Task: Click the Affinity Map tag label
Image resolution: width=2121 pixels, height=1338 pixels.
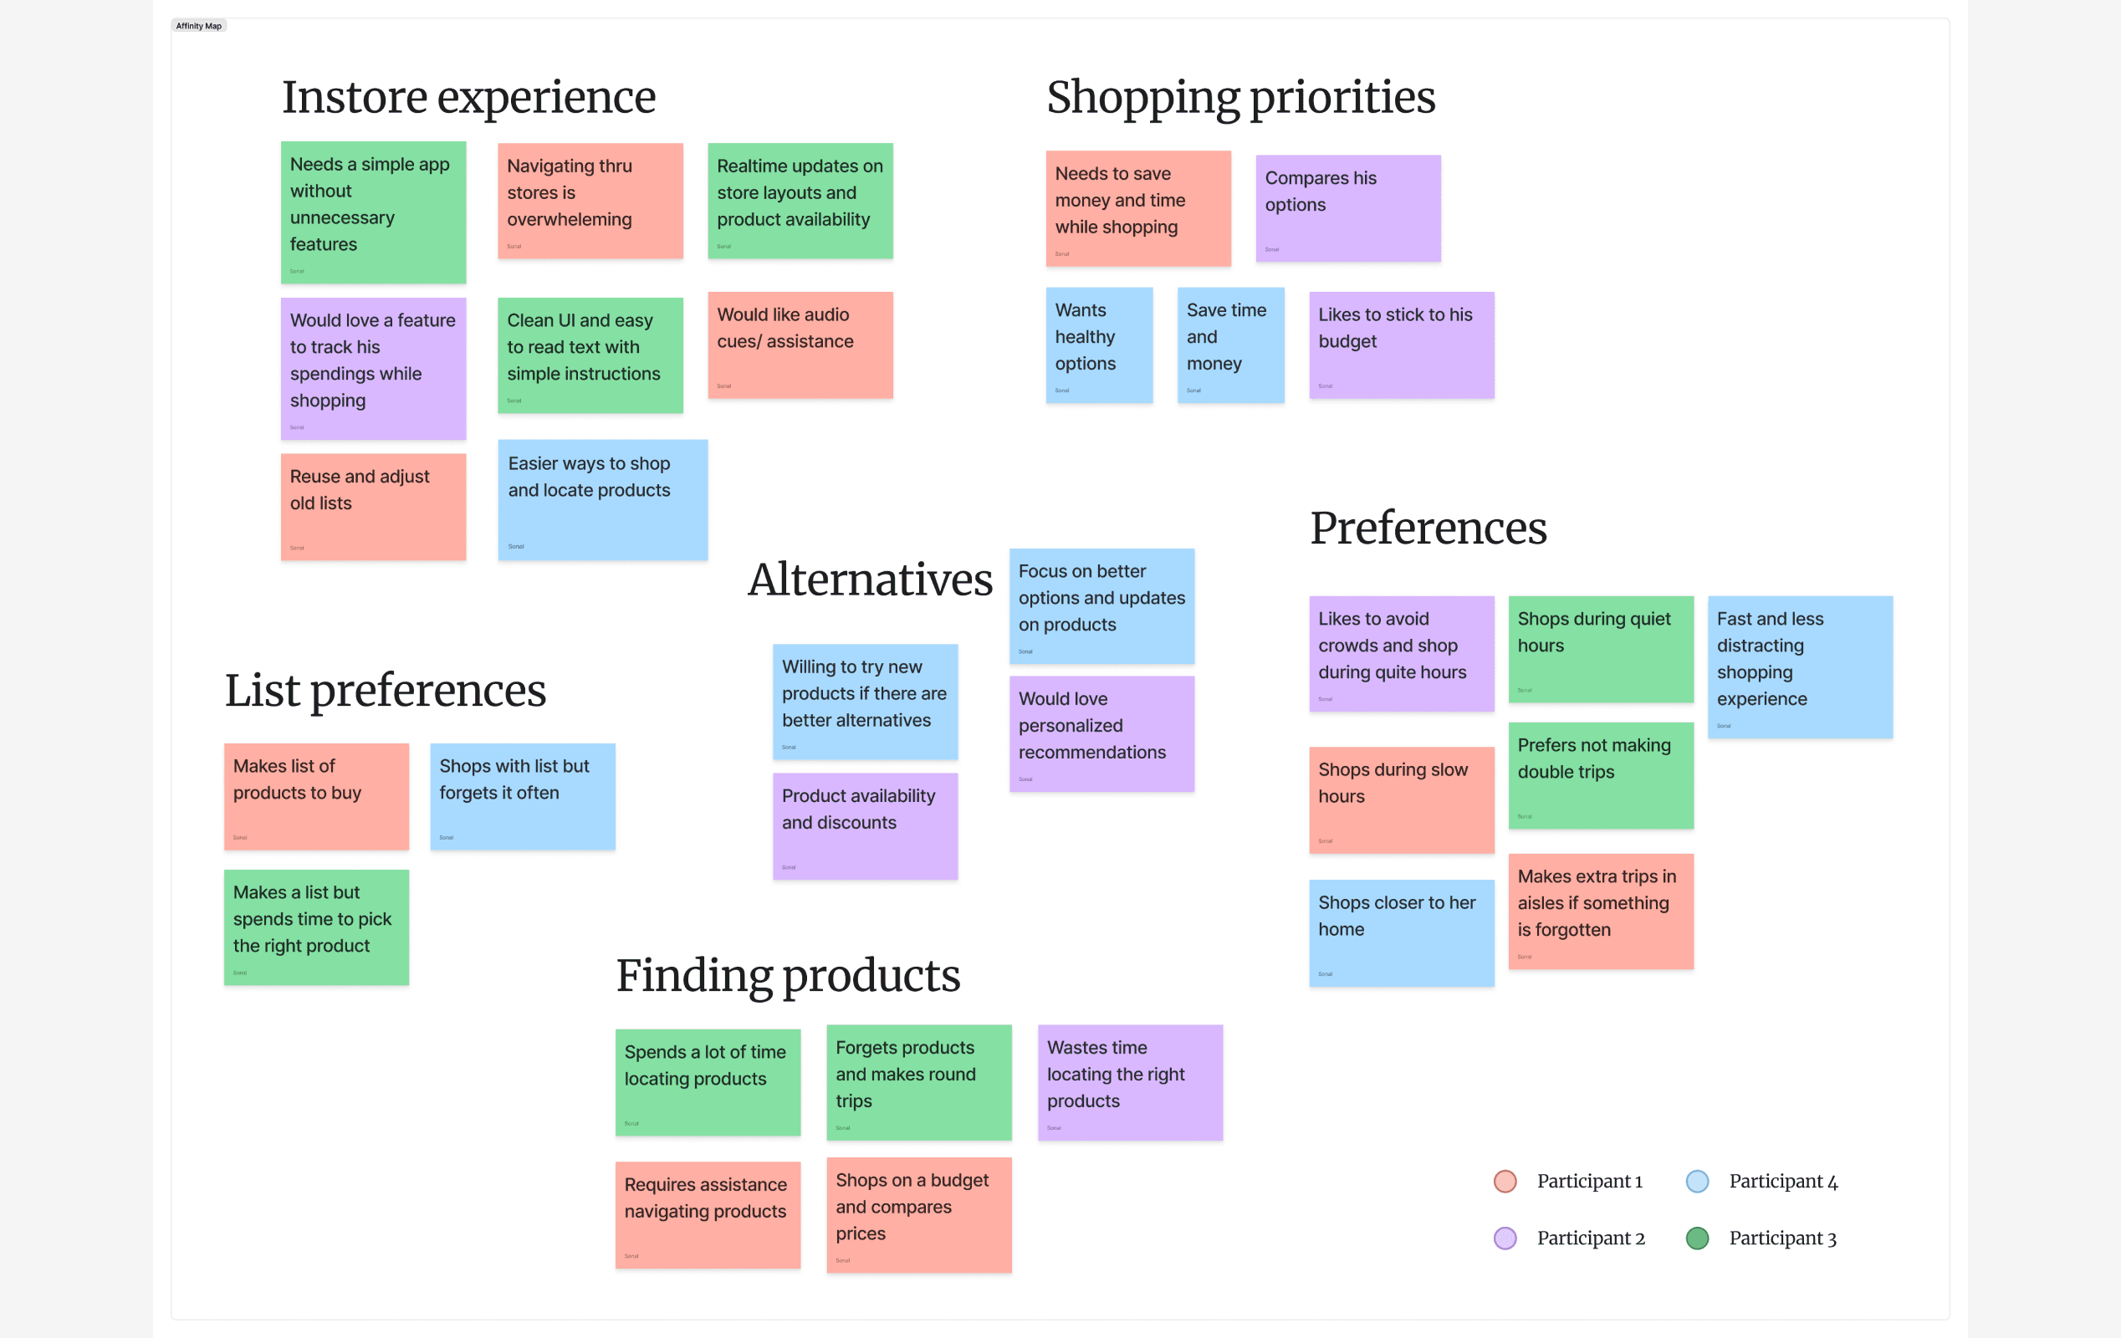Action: (x=198, y=26)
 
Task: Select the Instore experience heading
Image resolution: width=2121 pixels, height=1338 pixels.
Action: (x=468, y=97)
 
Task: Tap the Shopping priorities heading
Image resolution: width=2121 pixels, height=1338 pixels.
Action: (x=1240, y=97)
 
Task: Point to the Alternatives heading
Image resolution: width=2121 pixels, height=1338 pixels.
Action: (x=871, y=580)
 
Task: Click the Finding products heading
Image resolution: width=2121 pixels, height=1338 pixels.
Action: (x=788, y=976)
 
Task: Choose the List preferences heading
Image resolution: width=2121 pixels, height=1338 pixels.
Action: (x=385, y=691)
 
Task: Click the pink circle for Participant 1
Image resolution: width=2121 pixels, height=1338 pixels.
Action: (x=1505, y=1182)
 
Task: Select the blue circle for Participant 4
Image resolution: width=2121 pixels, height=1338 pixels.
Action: (x=1697, y=1182)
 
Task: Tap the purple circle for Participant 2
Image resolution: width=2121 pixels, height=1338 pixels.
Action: (x=1505, y=1238)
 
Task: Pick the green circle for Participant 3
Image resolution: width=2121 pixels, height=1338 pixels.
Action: (x=1697, y=1238)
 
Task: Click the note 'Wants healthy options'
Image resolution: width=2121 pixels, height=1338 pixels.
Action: (x=1098, y=345)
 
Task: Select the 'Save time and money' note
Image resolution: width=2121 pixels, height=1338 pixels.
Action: (x=1230, y=345)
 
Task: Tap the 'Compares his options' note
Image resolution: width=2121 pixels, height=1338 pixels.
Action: (x=1347, y=209)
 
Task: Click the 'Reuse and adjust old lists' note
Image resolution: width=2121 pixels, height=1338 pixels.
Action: (x=372, y=507)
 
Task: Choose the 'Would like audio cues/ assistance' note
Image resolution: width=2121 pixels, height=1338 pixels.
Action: (x=800, y=345)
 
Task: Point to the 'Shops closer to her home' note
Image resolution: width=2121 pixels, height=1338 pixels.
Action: (x=1401, y=932)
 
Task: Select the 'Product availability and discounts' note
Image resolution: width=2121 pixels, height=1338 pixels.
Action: (x=865, y=826)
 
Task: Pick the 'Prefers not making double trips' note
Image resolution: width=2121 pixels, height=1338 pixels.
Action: (x=1601, y=775)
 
